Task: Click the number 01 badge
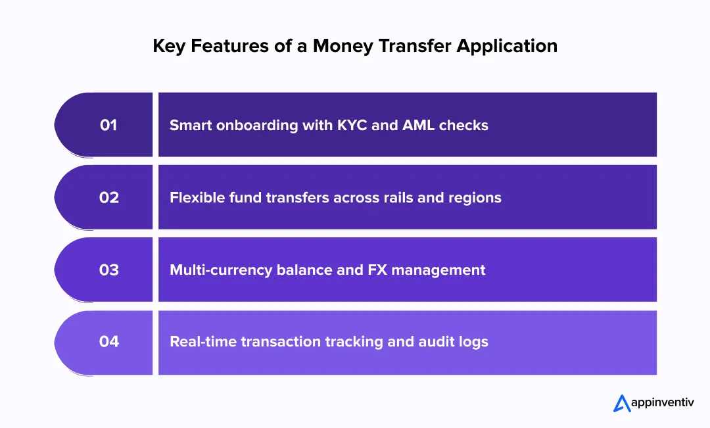[108, 125]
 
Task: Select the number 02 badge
[108, 197]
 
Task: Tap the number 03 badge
[108, 270]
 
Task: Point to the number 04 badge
[108, 342]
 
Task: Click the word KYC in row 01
[350, 125]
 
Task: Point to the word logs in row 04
[474, 342]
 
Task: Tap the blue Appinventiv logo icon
[622, 403]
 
